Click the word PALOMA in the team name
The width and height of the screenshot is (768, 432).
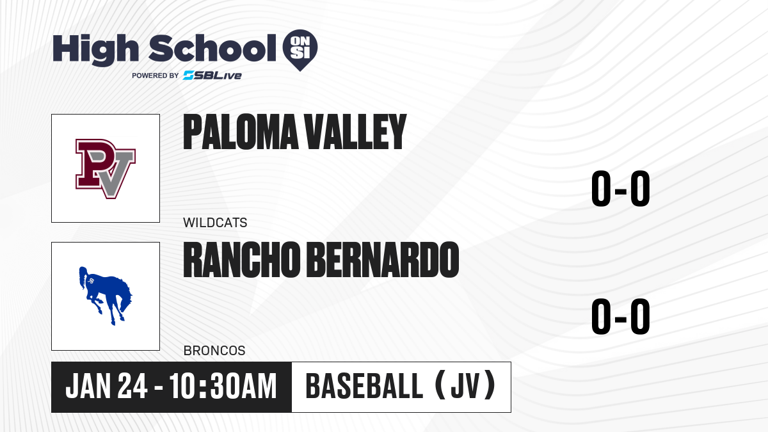point(241,132)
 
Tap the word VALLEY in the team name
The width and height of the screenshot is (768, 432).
point(355,132)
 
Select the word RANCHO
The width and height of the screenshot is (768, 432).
point(242,260)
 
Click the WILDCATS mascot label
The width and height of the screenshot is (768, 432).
point(215,223)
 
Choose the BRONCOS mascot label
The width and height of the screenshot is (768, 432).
point(214,351)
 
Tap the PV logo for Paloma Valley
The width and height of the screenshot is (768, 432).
point(106,169)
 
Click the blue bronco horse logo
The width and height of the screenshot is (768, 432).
point(106,296)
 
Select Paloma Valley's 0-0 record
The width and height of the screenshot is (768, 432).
point(621,189)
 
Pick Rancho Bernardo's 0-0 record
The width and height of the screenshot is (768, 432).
point(621,316)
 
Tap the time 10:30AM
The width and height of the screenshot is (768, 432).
point(223,386)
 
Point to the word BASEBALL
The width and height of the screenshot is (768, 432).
point(364,386)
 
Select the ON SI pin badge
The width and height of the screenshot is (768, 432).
point(300,50)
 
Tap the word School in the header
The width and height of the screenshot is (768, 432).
point(212,47)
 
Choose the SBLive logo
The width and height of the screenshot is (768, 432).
point(212,76)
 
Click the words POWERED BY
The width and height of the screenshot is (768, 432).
point(156,76)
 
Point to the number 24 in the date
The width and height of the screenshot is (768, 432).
point(132,386)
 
